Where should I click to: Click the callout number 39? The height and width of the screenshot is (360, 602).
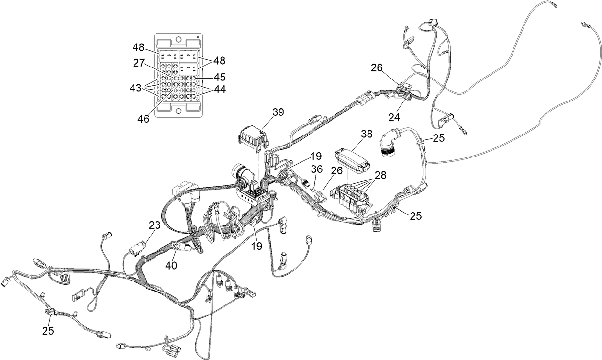coord(278,112)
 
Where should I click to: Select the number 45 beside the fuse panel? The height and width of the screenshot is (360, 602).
coord(220,77)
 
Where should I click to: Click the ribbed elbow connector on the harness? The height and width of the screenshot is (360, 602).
coord(388,144)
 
